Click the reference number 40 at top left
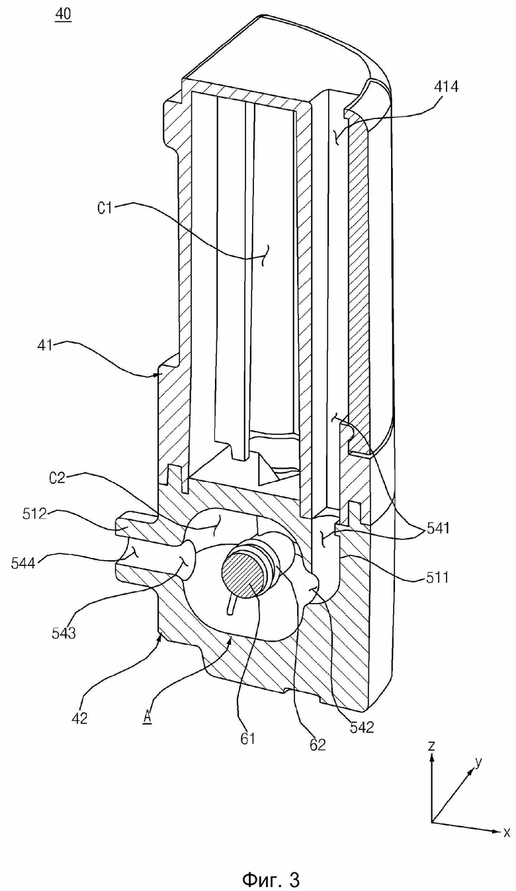click(64, 15)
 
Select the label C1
click(105, 207)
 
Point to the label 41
click(45, 345)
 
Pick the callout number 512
click(34, 514)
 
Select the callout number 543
click(64, 632)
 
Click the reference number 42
click(79, 718)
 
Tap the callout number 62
click(318, 744)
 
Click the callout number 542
click(362, 727)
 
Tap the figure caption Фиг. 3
click(271, 878)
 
